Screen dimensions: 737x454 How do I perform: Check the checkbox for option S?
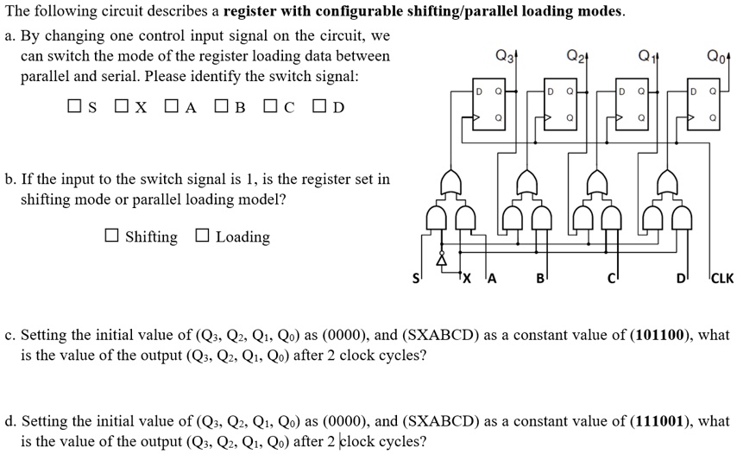(74, 106)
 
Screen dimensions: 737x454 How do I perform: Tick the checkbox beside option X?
(122, 106)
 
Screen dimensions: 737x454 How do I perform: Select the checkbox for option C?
(270, 106)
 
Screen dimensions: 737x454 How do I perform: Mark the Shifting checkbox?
(111, 235)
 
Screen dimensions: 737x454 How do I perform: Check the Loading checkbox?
(202, 235)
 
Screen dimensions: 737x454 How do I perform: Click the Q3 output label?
(505, 56)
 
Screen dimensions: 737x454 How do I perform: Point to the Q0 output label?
(716, 56)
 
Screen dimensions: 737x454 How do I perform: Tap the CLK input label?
(722, 278)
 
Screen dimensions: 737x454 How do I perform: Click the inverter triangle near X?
(441, 259)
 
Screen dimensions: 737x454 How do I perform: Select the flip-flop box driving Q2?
(560, 104)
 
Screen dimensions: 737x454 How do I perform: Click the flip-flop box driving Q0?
(703, 104)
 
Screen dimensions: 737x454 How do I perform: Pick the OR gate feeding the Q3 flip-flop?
(450, 182)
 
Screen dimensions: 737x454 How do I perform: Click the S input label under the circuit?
(415, 279)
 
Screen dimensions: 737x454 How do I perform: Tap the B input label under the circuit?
(540, 279)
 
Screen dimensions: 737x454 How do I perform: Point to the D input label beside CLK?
(680, 279)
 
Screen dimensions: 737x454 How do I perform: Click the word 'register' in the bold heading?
(249, 10)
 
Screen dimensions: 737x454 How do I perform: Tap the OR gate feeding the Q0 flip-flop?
(666, 182)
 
